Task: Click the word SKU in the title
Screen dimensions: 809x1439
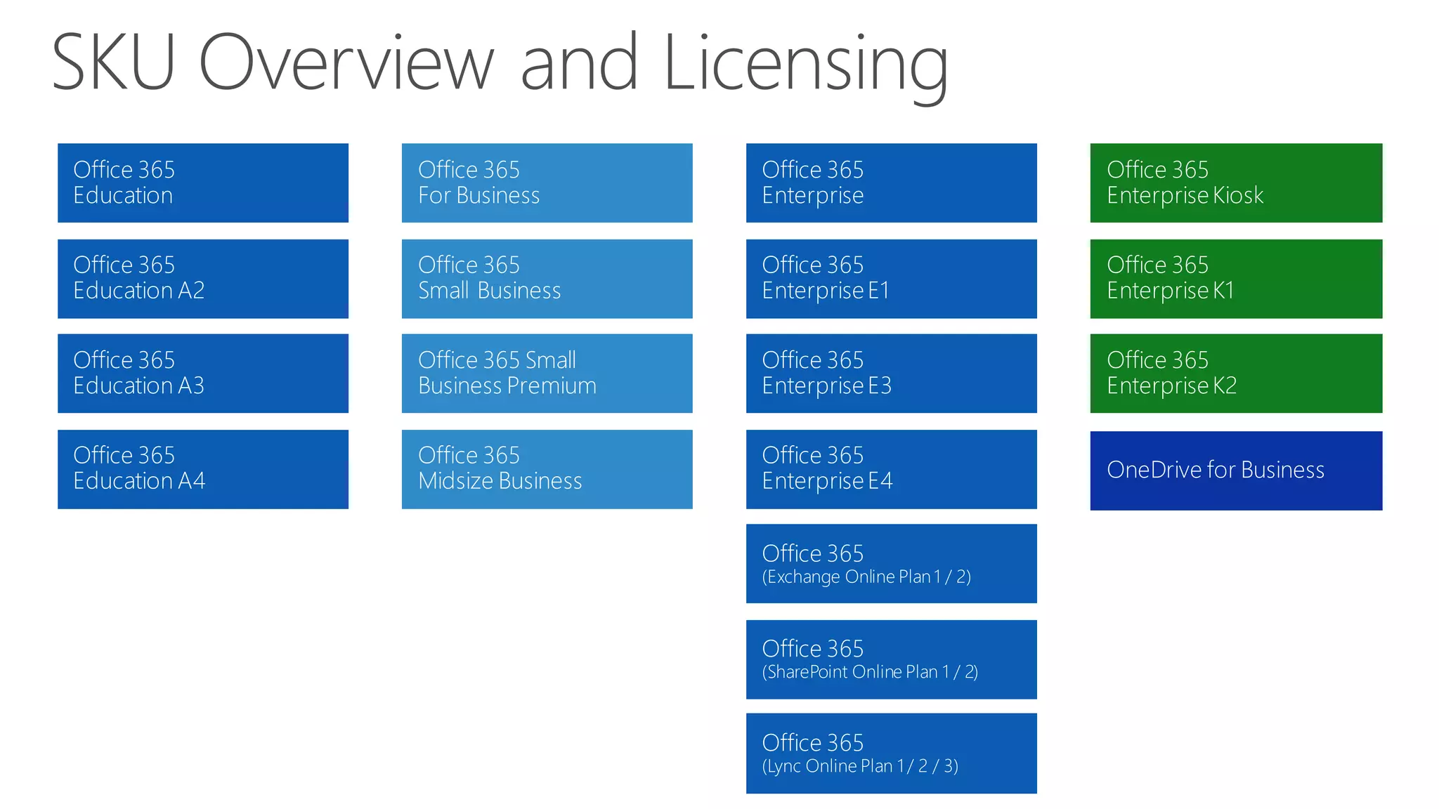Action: click(x=112, y=63)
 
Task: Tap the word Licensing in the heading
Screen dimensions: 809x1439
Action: click(x=805, y=65)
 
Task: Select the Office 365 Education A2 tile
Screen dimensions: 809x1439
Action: click(x=202, y=279)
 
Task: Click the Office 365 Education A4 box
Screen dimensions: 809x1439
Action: click(x=202, y=469)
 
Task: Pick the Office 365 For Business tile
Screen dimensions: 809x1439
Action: click(x=547, y=183)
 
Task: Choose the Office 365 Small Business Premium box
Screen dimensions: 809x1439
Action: click(x=547, y=374)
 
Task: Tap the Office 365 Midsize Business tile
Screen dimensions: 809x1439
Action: click(x=547, y=469)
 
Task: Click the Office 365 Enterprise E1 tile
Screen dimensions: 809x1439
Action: click(x=891, y=279)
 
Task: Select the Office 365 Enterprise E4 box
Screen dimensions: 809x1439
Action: click(x=891, y=469)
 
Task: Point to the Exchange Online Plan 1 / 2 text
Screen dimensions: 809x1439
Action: click(x=866, y=577)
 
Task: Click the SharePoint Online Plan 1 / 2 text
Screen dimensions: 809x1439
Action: click(x=870, y=672)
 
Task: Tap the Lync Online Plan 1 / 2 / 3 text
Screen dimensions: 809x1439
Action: click(x=860, y=766)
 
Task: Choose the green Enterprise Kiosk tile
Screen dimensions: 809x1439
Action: click(x=1236, y=183)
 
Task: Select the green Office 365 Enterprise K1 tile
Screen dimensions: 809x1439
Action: click(x=1236, y=279)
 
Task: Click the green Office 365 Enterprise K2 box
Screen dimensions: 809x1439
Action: click(x=1236, y=374)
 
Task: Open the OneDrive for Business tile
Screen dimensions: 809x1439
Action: click(x=1236, y=471)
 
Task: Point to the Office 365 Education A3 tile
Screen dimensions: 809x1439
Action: click(x=202, y=374)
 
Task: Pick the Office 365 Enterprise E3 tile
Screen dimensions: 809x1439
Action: click(x=891, y=374)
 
